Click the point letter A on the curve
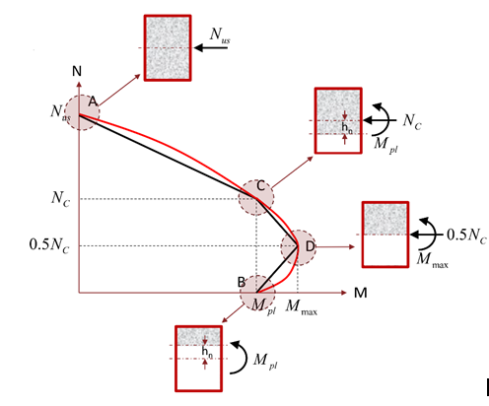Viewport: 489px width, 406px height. pos(93,101)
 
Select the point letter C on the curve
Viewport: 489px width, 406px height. pos(260,186)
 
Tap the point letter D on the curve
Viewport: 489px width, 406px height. pos(310,246)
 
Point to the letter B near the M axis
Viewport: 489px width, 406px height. pos(242,282)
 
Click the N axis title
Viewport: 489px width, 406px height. pos(77,71)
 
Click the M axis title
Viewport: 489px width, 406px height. pos(361,293)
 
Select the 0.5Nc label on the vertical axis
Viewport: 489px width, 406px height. pos(49,245)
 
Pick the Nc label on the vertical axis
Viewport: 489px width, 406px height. pos(61,199)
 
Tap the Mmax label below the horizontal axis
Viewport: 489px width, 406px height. pos(302,307)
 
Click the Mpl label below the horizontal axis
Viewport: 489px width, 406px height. pos(263,306)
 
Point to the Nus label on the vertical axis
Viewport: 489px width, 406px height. pos(61,112)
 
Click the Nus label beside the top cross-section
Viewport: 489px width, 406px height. pos(220,35)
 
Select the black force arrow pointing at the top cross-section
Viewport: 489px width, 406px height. pos(211,48)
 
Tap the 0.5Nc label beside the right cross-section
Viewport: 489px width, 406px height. pos(466,236)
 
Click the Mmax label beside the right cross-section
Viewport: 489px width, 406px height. pos(432,260)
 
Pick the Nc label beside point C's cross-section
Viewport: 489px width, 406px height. pos(412,121)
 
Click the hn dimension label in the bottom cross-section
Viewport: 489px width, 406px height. pos(207,352)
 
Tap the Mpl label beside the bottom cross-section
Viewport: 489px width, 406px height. pos(265,361)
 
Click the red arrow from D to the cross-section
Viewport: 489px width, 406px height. pos(335,246)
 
